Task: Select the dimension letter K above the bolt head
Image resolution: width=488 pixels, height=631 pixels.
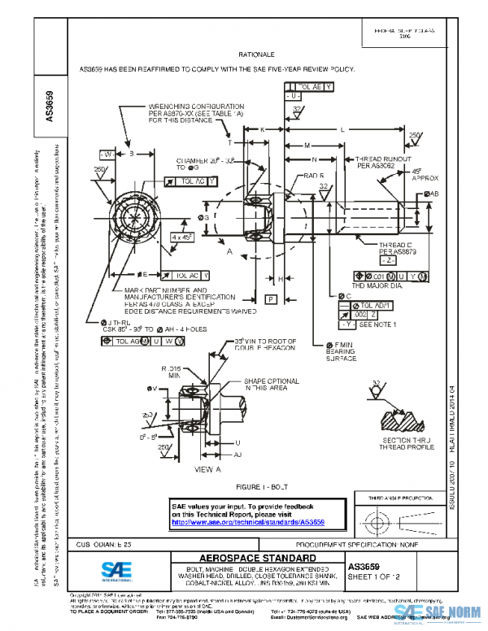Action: point(263,129)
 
